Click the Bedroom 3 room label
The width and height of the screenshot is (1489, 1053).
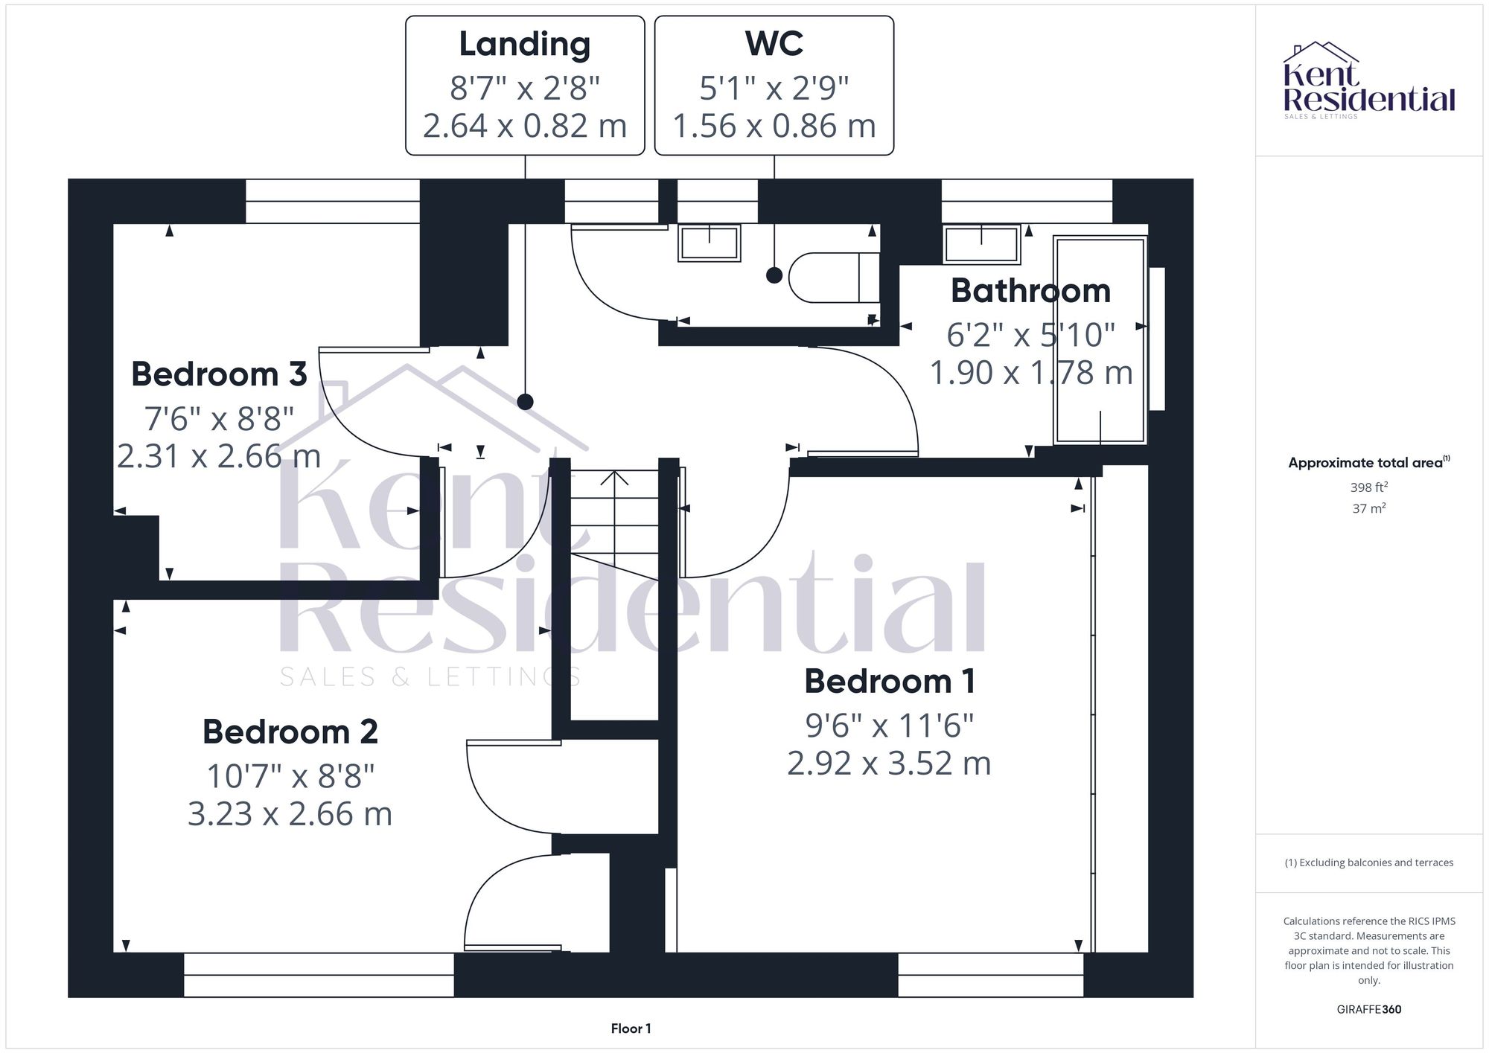coord(219,374)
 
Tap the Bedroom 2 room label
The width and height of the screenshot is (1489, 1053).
coord(290,732)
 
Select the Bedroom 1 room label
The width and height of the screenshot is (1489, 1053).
coord(890,682)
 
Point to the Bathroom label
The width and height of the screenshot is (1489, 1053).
coord(1030,291)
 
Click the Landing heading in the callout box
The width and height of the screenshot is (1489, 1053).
coord(525,44)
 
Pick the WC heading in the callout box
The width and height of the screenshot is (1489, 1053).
coord(774,44)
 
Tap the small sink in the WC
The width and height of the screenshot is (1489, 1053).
coord(709,243)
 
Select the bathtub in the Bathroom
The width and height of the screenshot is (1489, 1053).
coord(1099,340)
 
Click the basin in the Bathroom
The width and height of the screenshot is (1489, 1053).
coord(981,244)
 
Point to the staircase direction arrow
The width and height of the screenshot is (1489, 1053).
coord(614,478)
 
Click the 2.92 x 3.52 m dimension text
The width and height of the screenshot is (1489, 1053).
coord(889,764)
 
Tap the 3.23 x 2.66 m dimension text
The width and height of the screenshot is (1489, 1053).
coord(290,814)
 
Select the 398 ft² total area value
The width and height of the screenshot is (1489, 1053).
coord(1368,487)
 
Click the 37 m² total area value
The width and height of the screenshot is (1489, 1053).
coord(1368,509)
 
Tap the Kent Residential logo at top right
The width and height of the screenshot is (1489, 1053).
coord(1368,80)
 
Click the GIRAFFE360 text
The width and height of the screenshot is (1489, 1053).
coord(1368,1010)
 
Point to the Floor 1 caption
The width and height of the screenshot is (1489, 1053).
coord(631,1028)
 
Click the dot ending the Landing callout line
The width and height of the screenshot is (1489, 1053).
coord(525,402)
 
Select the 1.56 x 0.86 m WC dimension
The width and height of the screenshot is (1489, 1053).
coord(774,126)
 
